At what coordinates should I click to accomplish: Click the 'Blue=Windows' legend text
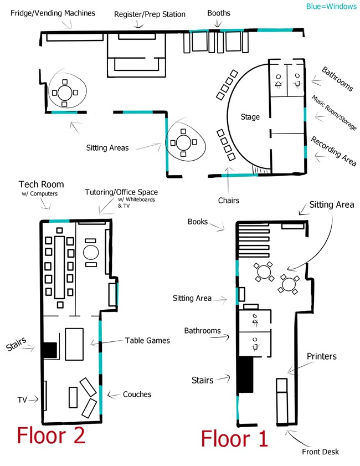331,7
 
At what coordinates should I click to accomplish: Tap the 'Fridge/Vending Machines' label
53,13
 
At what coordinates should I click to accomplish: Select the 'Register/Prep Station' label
150,14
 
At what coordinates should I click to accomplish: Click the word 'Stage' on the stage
250,117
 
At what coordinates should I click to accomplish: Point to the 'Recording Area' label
333,150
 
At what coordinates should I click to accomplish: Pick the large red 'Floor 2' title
51,435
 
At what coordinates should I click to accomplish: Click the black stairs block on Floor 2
50,350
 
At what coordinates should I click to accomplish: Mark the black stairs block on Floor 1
245,375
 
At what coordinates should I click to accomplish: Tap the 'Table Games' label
147,340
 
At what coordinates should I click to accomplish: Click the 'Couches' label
137,395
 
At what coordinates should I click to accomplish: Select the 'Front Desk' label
320,452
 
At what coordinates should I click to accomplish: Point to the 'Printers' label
321,356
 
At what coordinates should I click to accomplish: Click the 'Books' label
198,222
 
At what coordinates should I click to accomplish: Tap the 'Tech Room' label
41,185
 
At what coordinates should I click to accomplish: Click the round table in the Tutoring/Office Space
90,253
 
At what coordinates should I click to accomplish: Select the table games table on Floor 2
74,344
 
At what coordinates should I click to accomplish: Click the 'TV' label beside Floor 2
23,399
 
